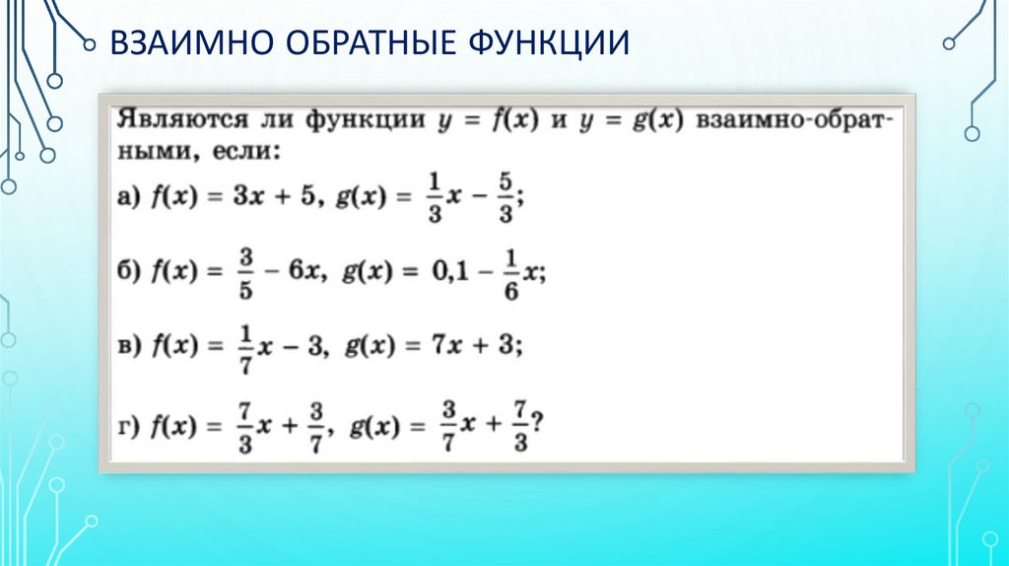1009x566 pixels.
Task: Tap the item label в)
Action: [130, 344]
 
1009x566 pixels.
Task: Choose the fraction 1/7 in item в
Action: [245, 345]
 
